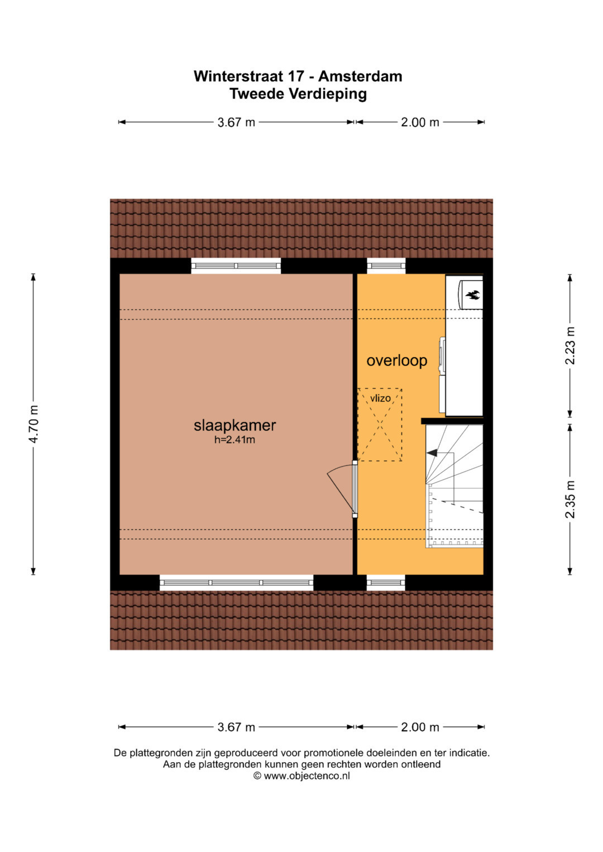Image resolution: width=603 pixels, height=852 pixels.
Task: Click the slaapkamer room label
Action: [x=234, y=425]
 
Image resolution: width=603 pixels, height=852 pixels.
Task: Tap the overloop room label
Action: [x=396, y=360]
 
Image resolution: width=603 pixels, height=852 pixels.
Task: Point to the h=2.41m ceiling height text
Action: [x=234, y=440]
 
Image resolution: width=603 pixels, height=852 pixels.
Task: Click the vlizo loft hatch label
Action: [x=380, y=398]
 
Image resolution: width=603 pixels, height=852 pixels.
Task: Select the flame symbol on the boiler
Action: [x=472, y=294]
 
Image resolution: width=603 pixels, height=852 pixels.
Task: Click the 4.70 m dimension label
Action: [x=33, y=424]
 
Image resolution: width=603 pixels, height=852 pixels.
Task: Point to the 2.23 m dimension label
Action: [x=570, y=345]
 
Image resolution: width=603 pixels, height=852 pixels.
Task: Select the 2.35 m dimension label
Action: [x=570, y=499]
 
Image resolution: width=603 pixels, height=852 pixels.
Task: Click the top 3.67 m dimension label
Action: [x=236, y=123]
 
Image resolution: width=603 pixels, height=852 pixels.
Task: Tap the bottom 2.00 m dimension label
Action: [x=420, y=727]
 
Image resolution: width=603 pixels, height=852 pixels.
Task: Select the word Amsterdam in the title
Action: [x=360, y=76]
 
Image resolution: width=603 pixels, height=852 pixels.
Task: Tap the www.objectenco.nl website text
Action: [x=307, y=776]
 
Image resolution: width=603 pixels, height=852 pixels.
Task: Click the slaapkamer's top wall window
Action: [x=236, y=266]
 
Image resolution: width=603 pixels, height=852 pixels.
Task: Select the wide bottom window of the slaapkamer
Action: [x=236, y=583]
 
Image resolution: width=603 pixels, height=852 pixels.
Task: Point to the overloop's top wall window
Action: [x=386, y=266]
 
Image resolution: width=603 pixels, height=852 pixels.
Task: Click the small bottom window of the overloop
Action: [x=386, y=583]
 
